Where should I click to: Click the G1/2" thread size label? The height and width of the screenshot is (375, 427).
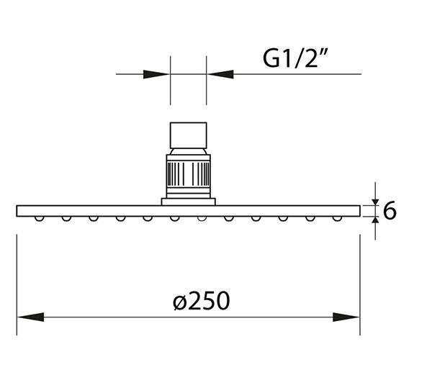[295, 58]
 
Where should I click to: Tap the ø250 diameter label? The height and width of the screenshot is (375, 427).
[202, 301]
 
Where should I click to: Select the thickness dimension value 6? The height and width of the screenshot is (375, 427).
[390, 211]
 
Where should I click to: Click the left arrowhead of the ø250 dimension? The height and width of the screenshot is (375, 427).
[30, 317]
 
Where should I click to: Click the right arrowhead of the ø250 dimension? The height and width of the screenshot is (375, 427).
[346, 317]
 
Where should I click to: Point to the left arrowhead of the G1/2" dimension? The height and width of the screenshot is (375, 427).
[156, 74]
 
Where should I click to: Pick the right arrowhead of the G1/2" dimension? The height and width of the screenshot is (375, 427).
[220, 74]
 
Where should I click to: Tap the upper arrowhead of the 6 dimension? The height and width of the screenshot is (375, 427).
[376, 202]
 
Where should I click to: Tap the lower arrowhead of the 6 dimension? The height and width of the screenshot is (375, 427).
[376, 220]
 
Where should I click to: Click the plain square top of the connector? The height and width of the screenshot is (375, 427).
[189, 135]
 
